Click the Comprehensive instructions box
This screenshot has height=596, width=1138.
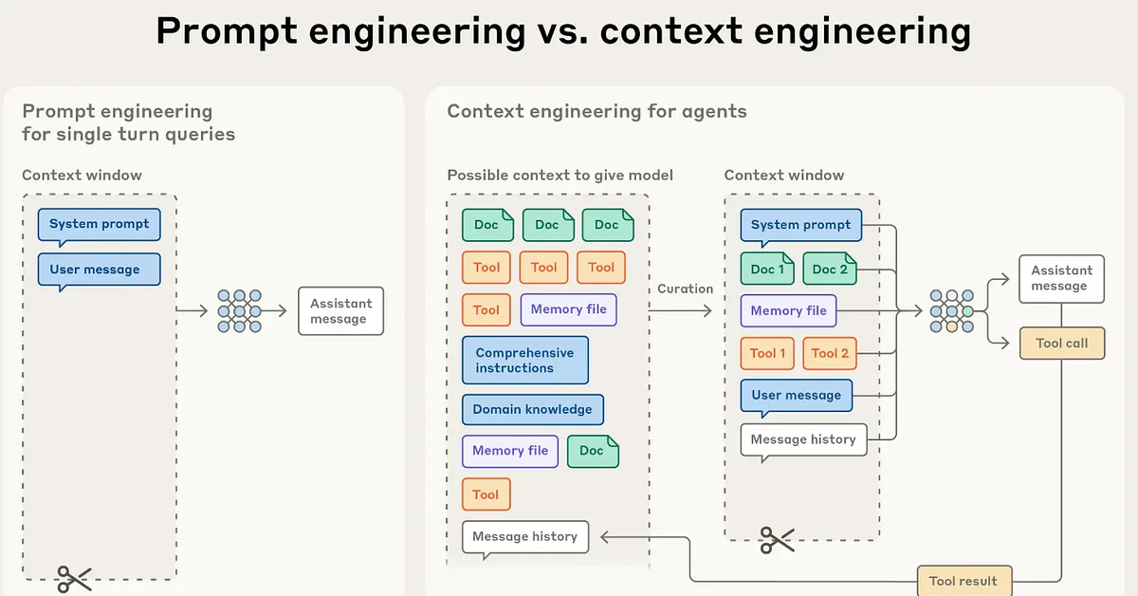pos(524,360)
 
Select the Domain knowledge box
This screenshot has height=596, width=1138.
pos(532,409)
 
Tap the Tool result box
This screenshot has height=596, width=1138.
pos(963,581)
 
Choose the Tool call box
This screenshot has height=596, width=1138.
pos(1062,343)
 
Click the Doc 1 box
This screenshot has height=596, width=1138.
pos(767,269)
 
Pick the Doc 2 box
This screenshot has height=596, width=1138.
pos(830,269)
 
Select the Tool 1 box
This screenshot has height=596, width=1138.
pos(767,353)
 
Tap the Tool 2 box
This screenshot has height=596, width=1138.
pos(830,353)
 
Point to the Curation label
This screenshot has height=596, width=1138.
pos(685,289)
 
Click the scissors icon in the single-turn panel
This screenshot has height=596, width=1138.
pos(73,578)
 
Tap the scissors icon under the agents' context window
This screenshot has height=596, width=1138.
pos(777,540)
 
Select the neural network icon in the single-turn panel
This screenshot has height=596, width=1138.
pos(239,310)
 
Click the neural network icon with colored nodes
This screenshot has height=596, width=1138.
pos(951,310)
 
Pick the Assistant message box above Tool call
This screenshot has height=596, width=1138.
pos(1062,278)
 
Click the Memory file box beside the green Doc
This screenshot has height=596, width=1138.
pos(510,451)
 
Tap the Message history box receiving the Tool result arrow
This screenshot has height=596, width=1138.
pos(524,536)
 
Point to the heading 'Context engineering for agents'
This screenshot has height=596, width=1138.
pos(597,111)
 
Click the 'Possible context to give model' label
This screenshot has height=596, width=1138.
pos(560,175)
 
